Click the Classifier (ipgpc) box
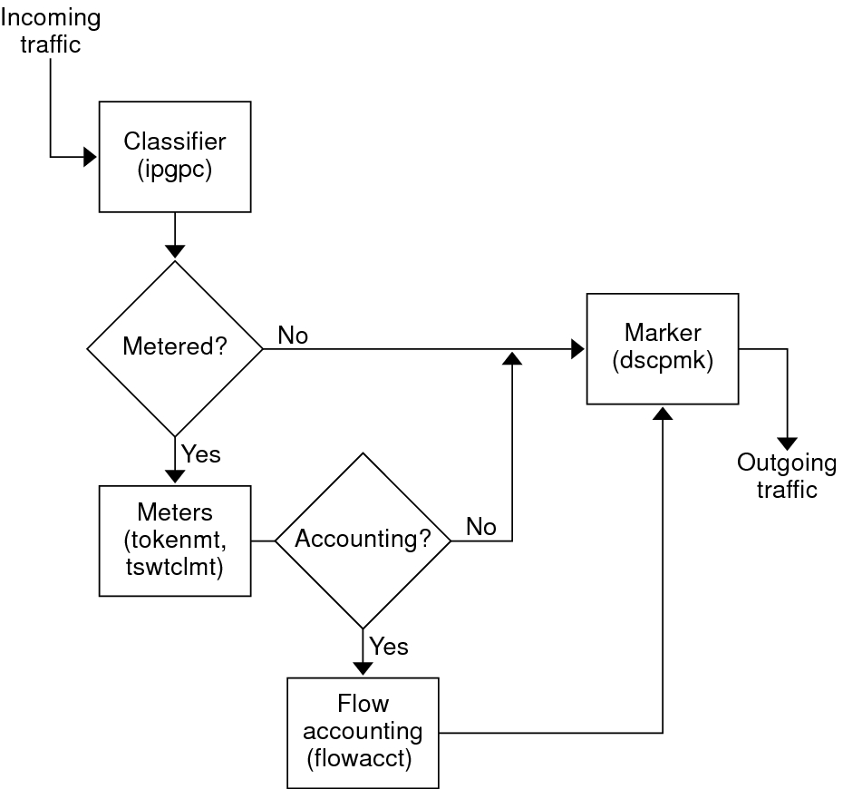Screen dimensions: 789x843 click(x=175, y=156)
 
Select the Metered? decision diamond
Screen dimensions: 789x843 click(x=174, y=348)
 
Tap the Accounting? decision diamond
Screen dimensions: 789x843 click(x=363, y=540)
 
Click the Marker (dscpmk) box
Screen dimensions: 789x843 click(x=663, y=348)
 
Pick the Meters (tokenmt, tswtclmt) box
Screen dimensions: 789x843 click(x=175, y=541)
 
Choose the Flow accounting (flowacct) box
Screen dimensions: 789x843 click(x=363, y=731)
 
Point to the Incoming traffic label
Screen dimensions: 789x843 click(x=50, y=31)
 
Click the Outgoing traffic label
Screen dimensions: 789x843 click(x=787, y=476)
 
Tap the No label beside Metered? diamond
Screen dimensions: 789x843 click(x=293, y=336)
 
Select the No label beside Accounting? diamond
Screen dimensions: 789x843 click(x=481, y=527)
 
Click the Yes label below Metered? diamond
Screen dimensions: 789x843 click(x=201, y=453)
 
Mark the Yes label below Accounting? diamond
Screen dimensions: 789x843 click(x=389, y=646)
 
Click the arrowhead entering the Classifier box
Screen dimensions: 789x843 click(x=91, y=157)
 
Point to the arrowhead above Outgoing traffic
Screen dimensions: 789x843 click(x=787, y=443)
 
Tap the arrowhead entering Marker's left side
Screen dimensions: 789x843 click(x=578, y=348)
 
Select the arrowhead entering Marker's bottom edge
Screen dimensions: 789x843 click(x=663, y=413)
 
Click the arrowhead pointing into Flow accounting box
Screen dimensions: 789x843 click(x=363, y=668)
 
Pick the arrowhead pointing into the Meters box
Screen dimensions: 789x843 click(x=174, y=477)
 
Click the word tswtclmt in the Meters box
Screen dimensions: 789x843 click(x=175, y=566)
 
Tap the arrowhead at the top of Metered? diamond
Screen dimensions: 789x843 click(x=174, y=251)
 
